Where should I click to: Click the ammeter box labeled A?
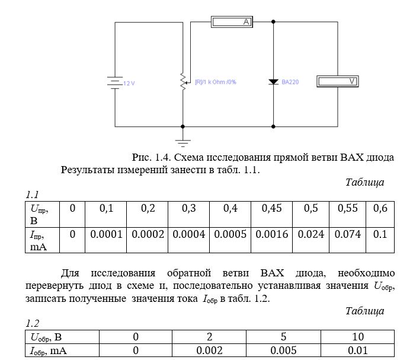[x=232, y=22]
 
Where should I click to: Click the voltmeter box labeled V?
[x=337, y=81]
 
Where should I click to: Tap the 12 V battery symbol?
[x=115, y=83]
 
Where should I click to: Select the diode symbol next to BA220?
[x=273, y=82]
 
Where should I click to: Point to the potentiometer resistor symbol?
[x=183, y=82]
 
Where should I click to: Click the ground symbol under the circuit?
[x=183, y=143]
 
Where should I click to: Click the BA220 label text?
[x=290, y=82]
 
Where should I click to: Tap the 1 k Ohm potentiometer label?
[x=216, y=82]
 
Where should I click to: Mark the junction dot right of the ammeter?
[x=273, y=21]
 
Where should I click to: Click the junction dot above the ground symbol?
[x=183, y=126]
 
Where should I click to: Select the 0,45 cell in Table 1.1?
[x=271, y=214]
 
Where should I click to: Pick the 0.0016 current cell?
[x=271, y=240]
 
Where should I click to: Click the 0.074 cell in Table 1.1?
[x=347, y=240]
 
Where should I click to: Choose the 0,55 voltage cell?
[x=347, y=214]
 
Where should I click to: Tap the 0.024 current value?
[x=311, y=234]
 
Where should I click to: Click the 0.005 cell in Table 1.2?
[x=283, y=351]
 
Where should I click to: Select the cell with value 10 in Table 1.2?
[x=358, y=337]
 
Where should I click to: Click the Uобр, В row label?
[x=46, y=337]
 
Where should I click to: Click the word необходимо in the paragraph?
[x=366, y=273]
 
